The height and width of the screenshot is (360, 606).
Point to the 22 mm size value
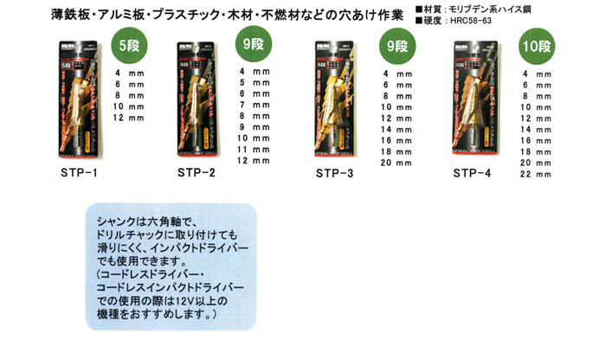pos(537,173)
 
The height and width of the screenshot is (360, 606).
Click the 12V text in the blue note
pos(195,300)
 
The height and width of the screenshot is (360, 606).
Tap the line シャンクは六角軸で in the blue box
pos(153,222)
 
